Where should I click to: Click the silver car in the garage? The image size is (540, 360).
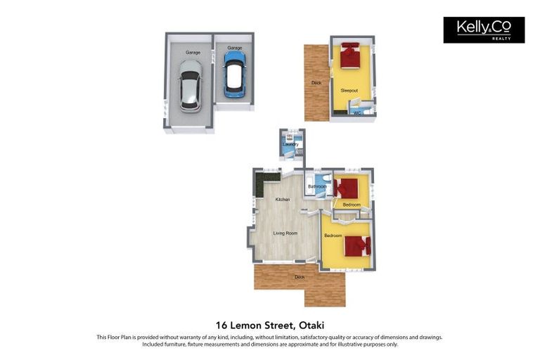pyautogui.click(x=190, y=85)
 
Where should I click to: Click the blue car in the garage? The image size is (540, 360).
pyautogui.click(x=233, y=73)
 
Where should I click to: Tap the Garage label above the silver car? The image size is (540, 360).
pyautogui.click(x=193, y=53)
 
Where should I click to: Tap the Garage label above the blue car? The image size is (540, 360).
pyautogui.click(x=234, y=48)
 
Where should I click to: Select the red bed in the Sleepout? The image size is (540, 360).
pyautogui.click(x=350, y=56)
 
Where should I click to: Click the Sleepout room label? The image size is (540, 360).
pyautogui.click(x=349, y=91)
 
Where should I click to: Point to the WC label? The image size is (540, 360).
pyautogui.click(x=357, y=112)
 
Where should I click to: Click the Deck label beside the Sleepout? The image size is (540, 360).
pyautogui.click(x=316, y=83)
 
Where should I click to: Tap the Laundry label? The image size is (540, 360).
pyautogui.click(x=290, y=145)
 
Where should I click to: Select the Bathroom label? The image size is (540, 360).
pyautogui.click(x=317, y=186)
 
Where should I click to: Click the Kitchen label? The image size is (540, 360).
pyautogui.click(x=283, y=200)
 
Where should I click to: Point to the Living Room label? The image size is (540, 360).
pyautogui.click(x=285, y=233)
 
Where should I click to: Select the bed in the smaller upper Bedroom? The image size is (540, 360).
pyautogui.click(x=347, y=188)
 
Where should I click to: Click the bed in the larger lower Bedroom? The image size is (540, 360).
pyautogui.click(x=356, y=246)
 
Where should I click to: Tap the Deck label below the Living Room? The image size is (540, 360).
pyautogui.click(x=300, y=277)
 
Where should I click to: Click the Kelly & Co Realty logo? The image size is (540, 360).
pyautogui.click(x=484, y=30)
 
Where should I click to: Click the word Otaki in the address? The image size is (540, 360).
pyautogui.click(x=310, y=325)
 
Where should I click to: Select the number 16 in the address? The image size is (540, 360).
pyautogui.click(x=222, y=325)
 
